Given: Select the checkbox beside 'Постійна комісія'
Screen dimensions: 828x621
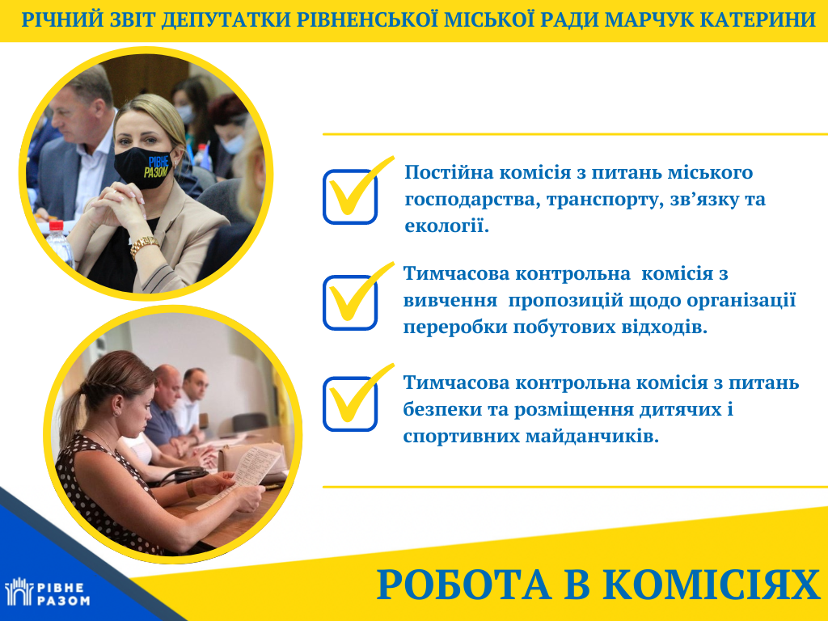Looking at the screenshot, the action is (x=349, y=197).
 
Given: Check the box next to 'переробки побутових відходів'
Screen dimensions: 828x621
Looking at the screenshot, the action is (x=349, y=302).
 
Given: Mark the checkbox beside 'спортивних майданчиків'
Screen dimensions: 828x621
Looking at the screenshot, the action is (x=349, y=404).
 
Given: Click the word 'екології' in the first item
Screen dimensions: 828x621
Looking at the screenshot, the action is (x=446, y=226).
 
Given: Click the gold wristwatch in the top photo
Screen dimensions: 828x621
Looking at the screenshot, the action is (x=144, y=245).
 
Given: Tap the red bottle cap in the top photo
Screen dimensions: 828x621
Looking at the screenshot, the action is (x=56, y=226).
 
